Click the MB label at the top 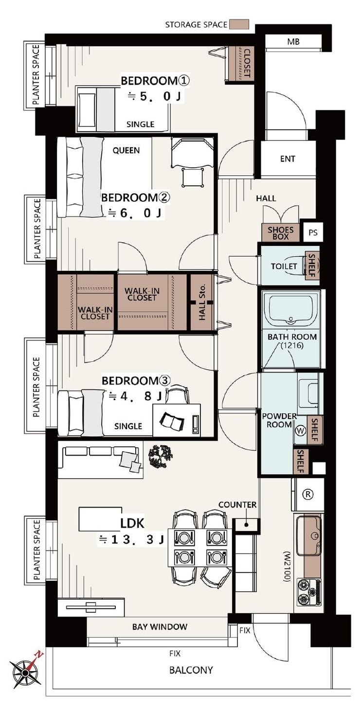point(293,41)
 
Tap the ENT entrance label point(288,159)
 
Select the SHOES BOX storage point(280,233)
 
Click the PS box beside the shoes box point(313,232)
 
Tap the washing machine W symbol point(300,430)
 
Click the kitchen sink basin point(309,535)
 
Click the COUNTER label point(237,505)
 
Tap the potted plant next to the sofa point(161,456)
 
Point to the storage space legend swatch point(239,24)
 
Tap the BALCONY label point(191,670)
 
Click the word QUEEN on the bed point(126,150)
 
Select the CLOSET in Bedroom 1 point(241,63)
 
